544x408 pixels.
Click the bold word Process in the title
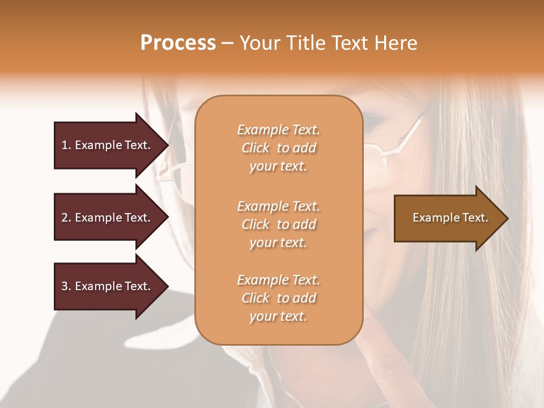coord(178,43)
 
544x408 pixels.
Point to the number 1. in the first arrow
coord(66,145)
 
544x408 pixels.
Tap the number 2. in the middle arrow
coord(66,218)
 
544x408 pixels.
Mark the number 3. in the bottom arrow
coord(66,286)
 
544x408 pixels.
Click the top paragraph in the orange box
coord(278,148)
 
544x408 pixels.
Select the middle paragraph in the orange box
coord(278,224)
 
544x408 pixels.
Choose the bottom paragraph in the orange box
coord(278,298)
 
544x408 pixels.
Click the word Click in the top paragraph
coord(255,148)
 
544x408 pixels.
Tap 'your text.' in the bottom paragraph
coord(278,316)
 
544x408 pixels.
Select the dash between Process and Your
coord(227,43)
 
